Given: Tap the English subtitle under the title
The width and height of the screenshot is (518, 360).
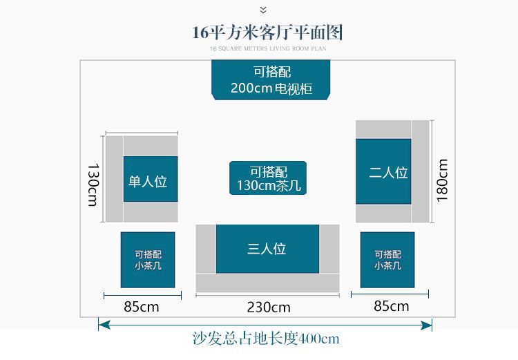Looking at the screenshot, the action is pos(267,49).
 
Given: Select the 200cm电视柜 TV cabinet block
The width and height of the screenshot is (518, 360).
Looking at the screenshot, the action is pos(271,80).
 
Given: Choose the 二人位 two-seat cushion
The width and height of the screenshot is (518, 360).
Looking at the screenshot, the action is pos(383,171).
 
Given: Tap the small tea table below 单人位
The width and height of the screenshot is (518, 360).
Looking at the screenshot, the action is pos(148,260).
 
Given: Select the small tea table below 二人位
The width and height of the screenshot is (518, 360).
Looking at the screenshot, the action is pos(387,260).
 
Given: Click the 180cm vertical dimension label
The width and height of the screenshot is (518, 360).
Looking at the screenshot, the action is pos(443,180).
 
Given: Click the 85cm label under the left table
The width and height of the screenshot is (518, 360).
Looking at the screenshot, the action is pos(142,306).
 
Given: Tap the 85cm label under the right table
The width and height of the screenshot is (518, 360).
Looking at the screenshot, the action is pos(391,305).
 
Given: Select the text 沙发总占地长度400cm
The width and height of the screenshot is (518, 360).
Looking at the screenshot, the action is pos(266,339).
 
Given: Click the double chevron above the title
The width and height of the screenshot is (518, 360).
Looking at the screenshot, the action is pos(263,10).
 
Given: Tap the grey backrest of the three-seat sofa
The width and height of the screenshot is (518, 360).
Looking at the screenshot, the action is pos(267,283).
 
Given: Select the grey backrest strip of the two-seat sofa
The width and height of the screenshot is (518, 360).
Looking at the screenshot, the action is pos(421,171).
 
